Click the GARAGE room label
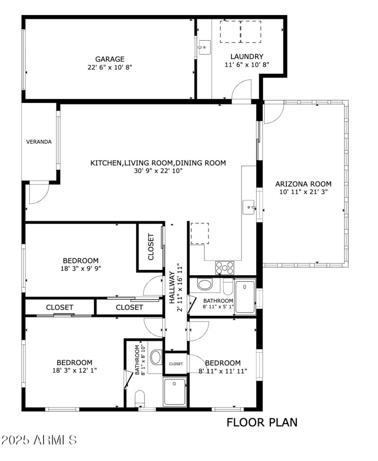coord(110,59)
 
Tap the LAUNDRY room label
coord(247,57)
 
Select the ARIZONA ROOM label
coord(303,184)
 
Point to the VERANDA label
coord(39,141)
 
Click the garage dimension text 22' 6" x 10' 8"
coord(110,67)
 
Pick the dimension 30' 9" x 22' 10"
coord(158,171)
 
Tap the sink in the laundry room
coord(204,47)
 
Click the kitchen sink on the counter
coord(249,207)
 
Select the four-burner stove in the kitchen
coord(225,268)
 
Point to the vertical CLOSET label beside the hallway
coord(151,247)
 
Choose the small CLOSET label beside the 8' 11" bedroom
coord(176,364)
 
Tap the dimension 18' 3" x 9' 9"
coord(81,268)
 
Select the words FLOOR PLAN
coord(262,422)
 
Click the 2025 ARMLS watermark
coord(39,440)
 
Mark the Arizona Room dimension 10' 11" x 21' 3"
coord(303,192)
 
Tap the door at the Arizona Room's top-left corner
coord(273,113)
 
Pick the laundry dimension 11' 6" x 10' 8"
coord(247,65)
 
